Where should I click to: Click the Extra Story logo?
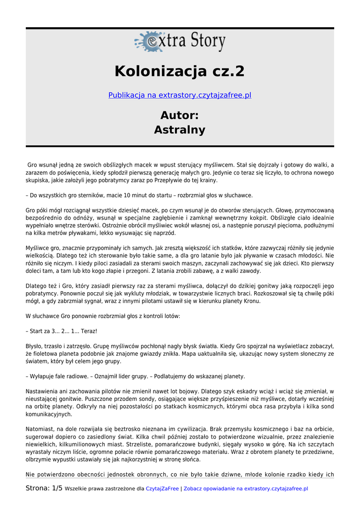pyautogui.click(x=180, y=42)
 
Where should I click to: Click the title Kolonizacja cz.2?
pyautogui.click(x=180, y=71)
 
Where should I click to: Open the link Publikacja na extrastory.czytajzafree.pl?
pyautogui.click(x=180, y=95)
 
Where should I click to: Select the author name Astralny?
pyautogui.click(x=180, y=130)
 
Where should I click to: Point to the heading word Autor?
pyautogui.click(x=180, y=115)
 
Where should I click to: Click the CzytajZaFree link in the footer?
pyautogui.click(x=162, y=489)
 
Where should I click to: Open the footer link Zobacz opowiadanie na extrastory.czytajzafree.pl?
pyautogui.click(x=246, y=489)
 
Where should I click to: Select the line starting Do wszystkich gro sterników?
pyautogui.click(x=139, y=195)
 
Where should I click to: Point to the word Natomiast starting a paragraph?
pyautogui.click(x=41, y=429)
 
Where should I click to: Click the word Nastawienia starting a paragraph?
pyautogui.click(x=43, y=391)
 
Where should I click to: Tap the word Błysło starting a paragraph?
pyautogui.click(x=34, y=346)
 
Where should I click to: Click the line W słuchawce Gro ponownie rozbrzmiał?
pyautogui.click(x=103, y=316)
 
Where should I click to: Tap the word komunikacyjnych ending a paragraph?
pyautogui.click(x=49, y=414)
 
